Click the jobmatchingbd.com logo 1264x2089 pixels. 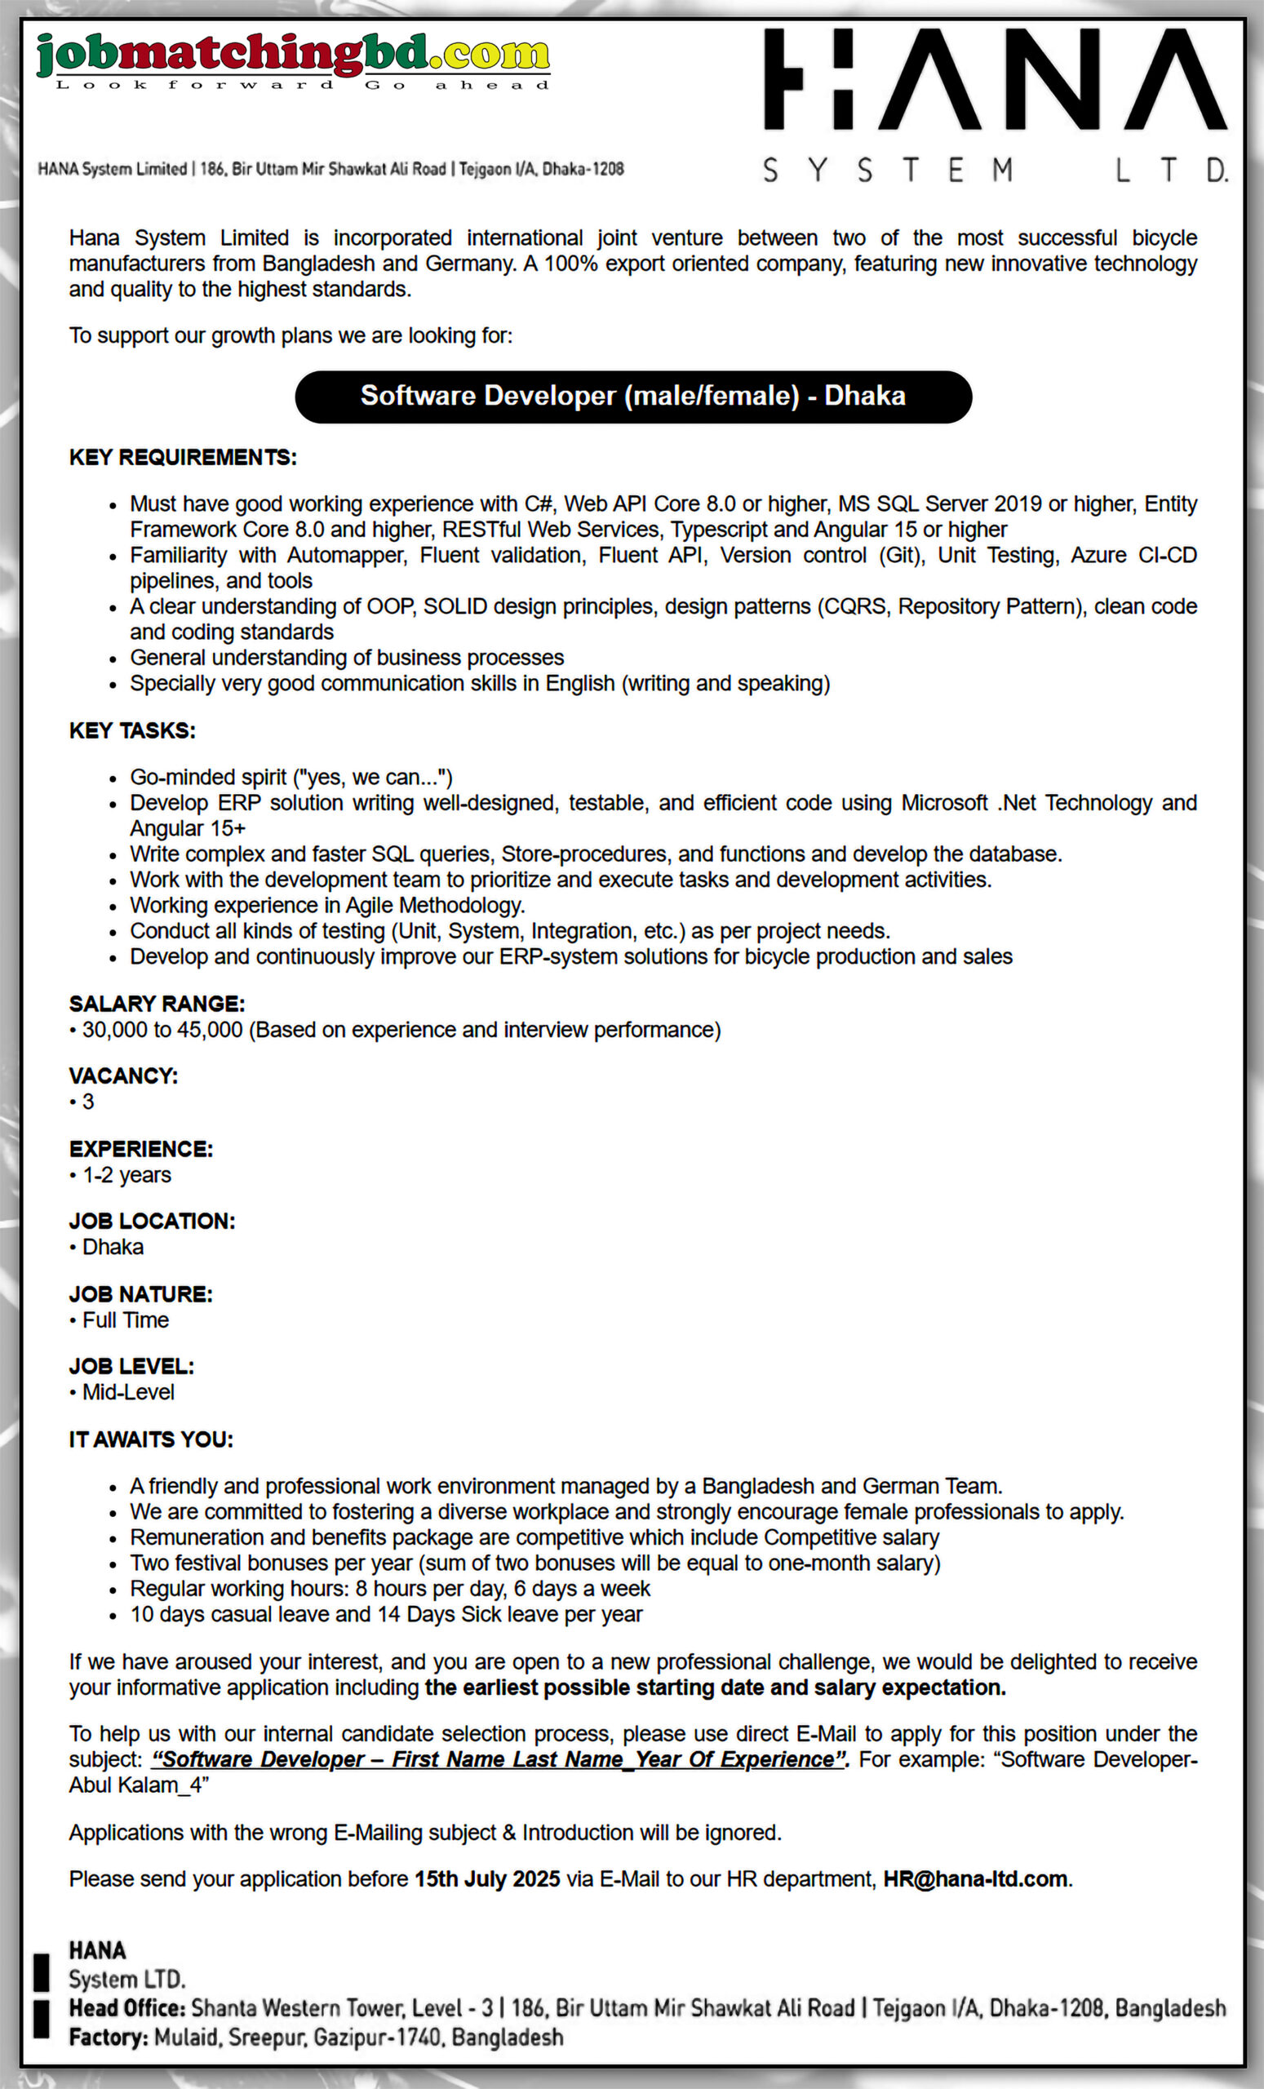[x=292, y=58]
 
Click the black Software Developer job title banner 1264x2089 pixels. [x=632, y=396]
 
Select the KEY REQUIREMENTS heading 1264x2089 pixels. [x=182, y=458]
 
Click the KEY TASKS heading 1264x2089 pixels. [x=132, y=731]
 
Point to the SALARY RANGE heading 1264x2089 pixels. [x=157, y=1004]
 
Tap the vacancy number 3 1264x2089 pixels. [x=88, y=1102]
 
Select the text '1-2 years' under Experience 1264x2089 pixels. [x=126, y=1175]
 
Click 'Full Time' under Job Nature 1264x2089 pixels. [x=126, y=1320]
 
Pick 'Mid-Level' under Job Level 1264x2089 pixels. [x=128, y=1392]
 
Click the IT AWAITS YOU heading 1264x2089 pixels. [x=151, y=1439]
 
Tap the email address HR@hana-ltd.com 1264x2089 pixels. [x=975, y=1878]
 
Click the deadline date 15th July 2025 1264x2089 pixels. [x=486, y=1878]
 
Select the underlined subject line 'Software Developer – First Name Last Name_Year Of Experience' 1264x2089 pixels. [x=499, y=1759]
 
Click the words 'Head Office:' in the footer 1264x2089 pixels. [x=127, y=2007]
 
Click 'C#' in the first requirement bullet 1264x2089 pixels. [x=539, y=504]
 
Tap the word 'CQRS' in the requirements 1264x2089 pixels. [x=854, y=607]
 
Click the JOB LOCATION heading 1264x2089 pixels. [x=152, y=1222]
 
